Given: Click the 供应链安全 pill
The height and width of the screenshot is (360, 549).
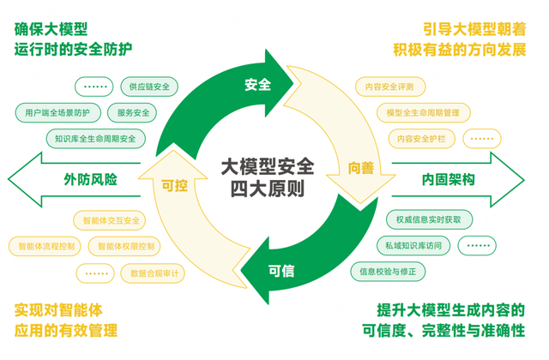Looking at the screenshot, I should pos(149,87).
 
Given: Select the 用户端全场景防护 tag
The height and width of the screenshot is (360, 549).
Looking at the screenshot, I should pos(57,112).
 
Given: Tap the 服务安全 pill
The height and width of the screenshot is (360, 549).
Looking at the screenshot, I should pos(133,112).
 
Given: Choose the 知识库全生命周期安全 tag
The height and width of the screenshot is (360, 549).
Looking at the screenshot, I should pos(94,137).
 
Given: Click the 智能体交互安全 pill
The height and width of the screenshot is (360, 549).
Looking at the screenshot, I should pos(111,220).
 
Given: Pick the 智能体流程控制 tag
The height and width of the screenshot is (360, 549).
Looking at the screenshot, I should pos(45,247).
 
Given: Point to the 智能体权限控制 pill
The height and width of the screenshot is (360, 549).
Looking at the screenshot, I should pos(127,247).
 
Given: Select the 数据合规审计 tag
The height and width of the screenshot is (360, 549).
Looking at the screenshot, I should pos(154,273).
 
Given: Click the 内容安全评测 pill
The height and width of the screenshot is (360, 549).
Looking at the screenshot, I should pos(389,87).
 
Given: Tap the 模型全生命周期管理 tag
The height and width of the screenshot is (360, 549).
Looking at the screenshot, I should pos(423,112).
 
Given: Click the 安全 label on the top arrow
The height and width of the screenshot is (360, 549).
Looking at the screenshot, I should pos(256,85).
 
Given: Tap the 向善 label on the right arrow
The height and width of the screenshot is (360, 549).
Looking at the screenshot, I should pos(360,169).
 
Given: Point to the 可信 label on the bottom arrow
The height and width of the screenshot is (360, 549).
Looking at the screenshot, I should pos(281,271).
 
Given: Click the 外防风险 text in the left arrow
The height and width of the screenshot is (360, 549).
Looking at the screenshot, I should pos(89,180).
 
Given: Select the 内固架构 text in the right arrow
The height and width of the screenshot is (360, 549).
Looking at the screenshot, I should pos(448,180).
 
